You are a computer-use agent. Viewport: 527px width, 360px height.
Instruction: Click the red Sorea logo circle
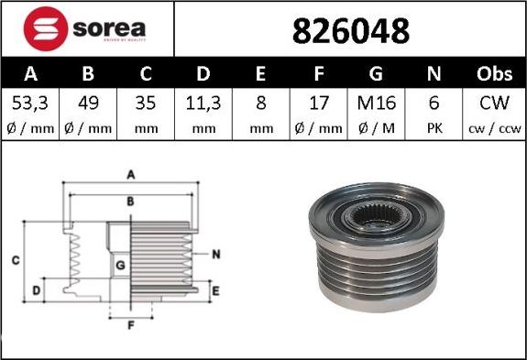click(46, 29)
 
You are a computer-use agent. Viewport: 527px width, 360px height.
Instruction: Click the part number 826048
click(351, 31)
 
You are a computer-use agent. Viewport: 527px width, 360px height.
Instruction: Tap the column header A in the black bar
click(30, 73)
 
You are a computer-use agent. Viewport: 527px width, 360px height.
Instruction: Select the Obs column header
click(494, 73)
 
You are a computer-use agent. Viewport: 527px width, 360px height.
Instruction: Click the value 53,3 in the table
click(30, 103)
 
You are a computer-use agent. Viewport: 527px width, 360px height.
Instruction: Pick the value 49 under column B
click(88, 103)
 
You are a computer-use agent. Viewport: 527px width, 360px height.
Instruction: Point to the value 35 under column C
click(146, 103)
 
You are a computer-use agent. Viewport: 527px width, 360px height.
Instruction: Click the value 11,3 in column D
click(203, 103)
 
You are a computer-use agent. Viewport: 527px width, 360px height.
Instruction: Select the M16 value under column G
click(377, 103)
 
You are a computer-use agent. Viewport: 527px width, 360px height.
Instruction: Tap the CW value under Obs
click(494, 103)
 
